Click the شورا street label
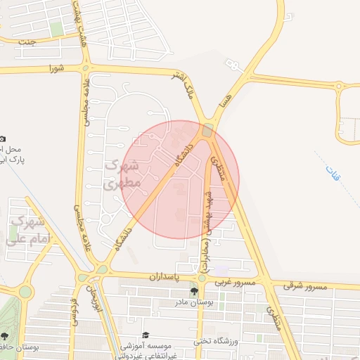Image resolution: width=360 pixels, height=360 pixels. click(x=56, y=68)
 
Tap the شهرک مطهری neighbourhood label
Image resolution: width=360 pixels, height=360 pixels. click(x=121, y=175)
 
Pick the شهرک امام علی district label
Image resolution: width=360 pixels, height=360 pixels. click(x=25, y=230)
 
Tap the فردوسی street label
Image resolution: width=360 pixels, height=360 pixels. click(x=73, y=313)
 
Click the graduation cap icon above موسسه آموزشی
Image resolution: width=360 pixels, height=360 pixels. click(x=146, y=335)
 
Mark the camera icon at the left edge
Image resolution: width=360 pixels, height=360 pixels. click(x=3, y=139)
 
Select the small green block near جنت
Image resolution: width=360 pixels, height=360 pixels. click(x=57, y=29)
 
